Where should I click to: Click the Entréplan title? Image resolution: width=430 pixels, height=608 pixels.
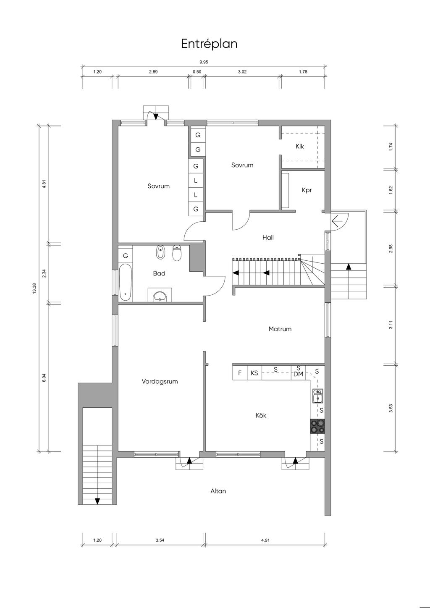click(209, 44)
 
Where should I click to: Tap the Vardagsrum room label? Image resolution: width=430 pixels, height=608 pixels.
click(160, 382)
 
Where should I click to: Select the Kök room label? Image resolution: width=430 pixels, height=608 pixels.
click(261, 415)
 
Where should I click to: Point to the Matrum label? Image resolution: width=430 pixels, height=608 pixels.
click(280, 329)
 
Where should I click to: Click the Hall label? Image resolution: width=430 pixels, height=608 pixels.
click(268, 238)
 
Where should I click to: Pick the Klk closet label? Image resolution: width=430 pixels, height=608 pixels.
click(300, 146)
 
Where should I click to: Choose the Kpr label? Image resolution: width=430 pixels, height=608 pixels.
click(307, 190)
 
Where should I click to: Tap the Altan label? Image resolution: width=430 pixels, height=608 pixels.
click(218, 491)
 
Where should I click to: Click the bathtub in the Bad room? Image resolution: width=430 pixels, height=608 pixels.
click(126, 282)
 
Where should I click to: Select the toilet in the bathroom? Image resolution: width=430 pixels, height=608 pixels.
click(177, 253)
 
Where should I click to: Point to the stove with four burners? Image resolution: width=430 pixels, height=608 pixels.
click(317, 426)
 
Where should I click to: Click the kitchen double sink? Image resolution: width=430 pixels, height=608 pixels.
click(317, 396)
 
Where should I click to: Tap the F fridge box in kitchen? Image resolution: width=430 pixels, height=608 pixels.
click(240, 373)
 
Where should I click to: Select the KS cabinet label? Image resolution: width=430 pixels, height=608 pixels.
click(254, 373)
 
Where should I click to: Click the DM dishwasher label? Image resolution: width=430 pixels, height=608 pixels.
click(298, 375)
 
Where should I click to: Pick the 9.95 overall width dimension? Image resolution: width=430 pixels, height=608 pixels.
click(204, 62)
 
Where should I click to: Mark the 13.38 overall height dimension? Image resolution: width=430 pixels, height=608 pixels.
click(34, 288)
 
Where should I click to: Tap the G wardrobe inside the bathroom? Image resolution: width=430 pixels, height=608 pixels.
click(126, 255)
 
